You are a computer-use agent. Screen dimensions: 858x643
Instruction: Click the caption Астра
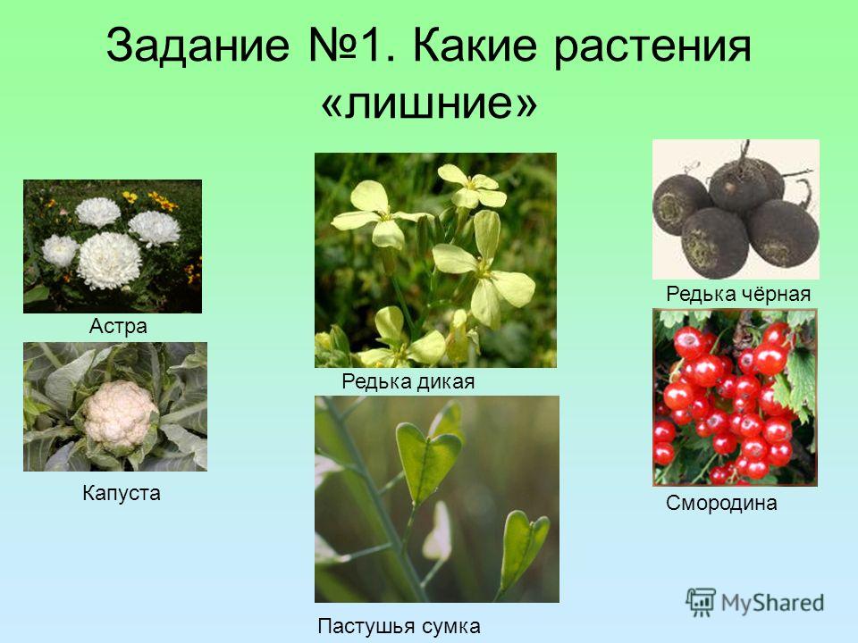(x=118, y=326)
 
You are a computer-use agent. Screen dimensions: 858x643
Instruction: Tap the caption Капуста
(x=122, y=493)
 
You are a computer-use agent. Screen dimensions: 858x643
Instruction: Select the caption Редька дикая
(x=408, y=381)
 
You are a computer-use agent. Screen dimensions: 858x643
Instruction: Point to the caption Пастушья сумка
(x=399, y=626)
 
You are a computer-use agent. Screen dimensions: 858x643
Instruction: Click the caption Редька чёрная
(x=738, y=294)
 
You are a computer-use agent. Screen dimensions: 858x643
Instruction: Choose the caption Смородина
(x=721, y=503)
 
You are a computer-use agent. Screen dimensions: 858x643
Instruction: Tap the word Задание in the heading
(x=198, y=45)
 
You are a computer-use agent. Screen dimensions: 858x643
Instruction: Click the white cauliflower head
(x=121, y=415)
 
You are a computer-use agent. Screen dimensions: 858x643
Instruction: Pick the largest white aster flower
(x=109, y=260)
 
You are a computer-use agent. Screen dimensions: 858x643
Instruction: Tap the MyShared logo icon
(x=701, y=603)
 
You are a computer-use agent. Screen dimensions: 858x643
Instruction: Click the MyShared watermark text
(x=772, y=603)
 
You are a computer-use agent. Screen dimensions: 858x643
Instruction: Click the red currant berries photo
(x=735, y=397)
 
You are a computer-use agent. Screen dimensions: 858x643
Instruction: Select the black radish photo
(x=736, y=209)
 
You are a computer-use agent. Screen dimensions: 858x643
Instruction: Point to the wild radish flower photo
(x=435, y=260)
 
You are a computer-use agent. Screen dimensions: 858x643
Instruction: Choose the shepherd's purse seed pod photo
(x=437, y=499)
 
